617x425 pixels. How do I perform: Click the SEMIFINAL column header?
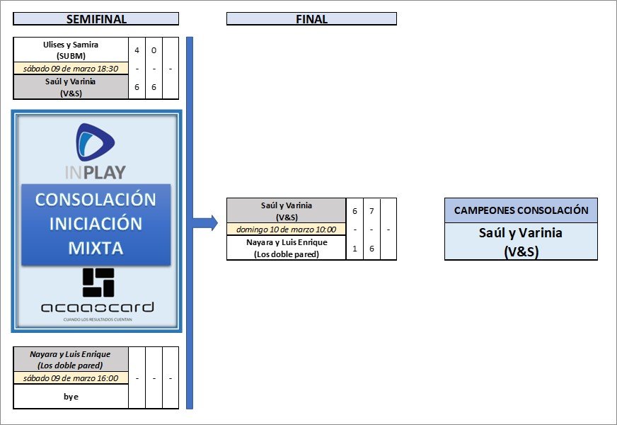96,19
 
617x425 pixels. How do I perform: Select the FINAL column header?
311,19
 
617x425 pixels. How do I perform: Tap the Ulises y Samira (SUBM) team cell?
71,50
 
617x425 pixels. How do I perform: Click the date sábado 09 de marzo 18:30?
71,69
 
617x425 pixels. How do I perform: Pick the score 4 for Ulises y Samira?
137,50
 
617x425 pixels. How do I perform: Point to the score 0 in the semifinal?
154,50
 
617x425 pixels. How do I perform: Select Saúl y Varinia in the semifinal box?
71,86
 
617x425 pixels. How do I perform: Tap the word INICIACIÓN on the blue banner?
96,224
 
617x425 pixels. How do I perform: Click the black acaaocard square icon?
98,282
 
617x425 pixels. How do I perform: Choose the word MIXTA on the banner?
96,248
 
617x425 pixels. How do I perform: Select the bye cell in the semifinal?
71,397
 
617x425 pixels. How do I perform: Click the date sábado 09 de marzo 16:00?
71,378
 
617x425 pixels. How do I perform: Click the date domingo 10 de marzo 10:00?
286,229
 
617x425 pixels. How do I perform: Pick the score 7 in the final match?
371,212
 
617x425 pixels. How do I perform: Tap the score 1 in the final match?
354,247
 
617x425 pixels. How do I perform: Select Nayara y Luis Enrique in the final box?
286,248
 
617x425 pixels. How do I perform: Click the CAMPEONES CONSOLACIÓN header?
521,210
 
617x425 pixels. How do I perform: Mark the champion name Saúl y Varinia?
521,241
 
